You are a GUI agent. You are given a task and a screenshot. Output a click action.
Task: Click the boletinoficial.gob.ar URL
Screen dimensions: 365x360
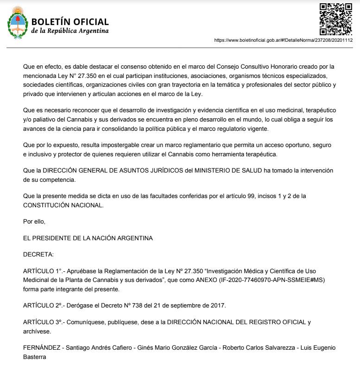[283, 40]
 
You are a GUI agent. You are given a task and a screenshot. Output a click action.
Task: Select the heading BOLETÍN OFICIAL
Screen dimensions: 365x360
[70, 22]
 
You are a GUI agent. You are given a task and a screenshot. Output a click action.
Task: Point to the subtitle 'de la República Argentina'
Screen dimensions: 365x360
[70, 31]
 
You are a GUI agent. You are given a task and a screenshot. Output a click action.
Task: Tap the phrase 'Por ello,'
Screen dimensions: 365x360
[34, 222]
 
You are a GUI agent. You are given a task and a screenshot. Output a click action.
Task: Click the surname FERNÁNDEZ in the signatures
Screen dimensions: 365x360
[41, 348]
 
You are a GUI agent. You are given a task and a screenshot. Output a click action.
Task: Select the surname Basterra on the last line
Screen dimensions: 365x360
[35, 358]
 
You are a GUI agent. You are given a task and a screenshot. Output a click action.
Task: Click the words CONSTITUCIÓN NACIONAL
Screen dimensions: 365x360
[63, 205]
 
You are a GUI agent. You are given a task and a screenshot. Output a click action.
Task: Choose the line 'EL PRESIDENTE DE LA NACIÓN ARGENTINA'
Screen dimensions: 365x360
[88, 238]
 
